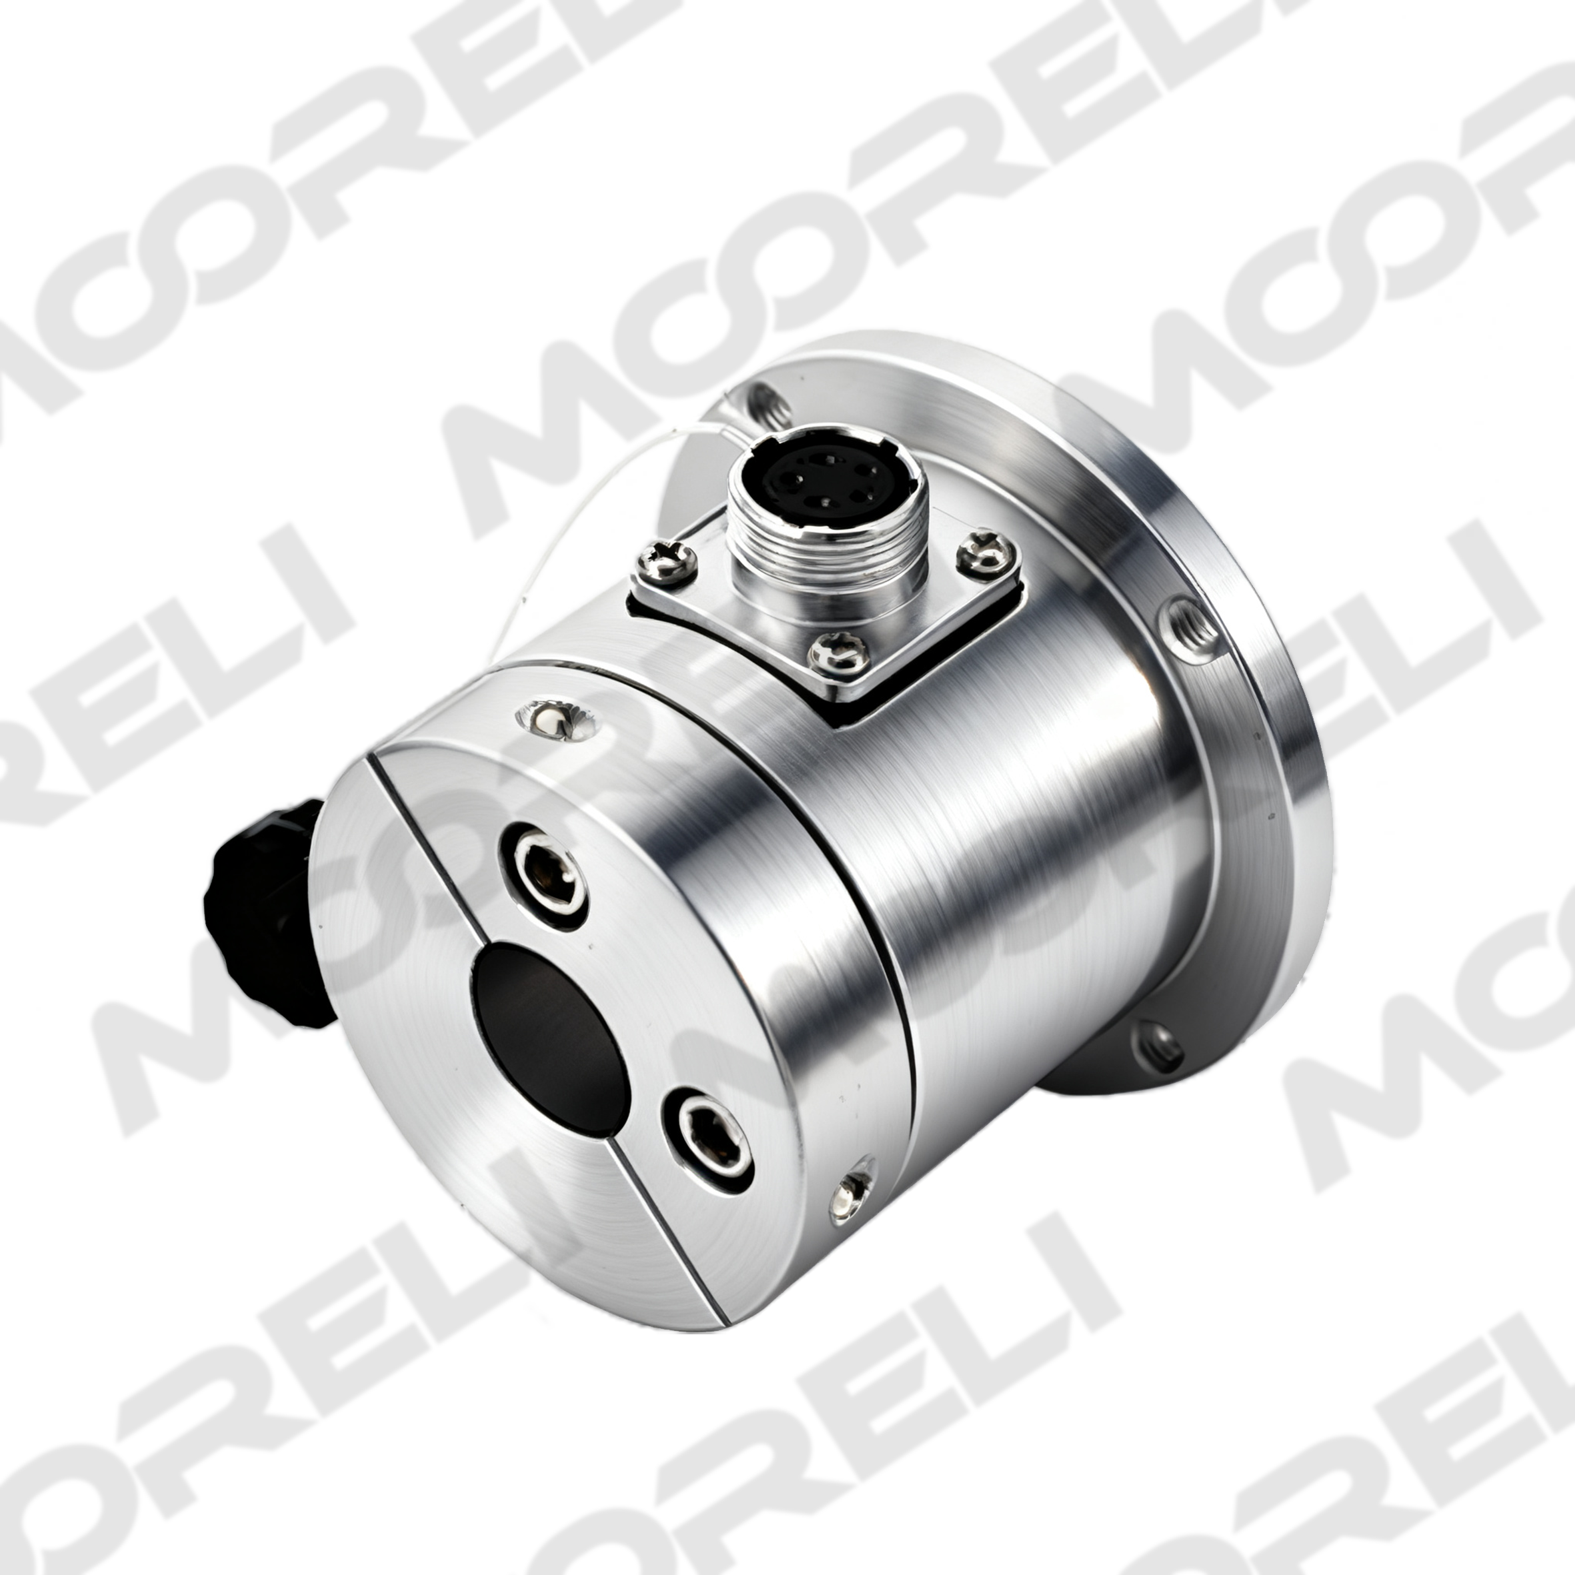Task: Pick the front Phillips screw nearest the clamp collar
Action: click(835, 651)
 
